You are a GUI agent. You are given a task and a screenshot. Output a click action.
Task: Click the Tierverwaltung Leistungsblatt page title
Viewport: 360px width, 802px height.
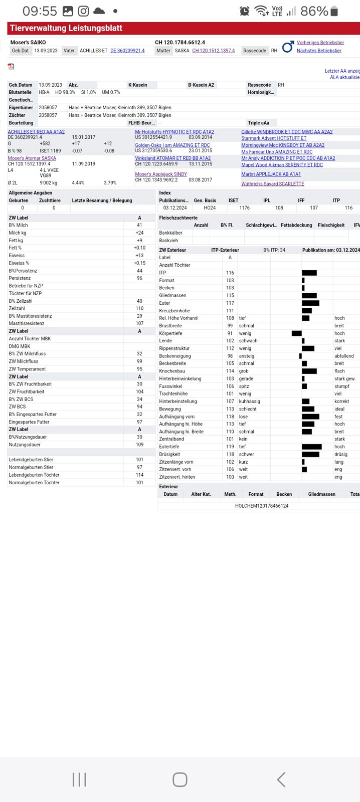[x=66, y=29]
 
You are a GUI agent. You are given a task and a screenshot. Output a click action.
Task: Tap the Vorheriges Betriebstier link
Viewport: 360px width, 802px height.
[x=320, y=43]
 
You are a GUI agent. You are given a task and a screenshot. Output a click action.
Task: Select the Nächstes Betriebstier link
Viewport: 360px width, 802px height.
[x=319, y=51]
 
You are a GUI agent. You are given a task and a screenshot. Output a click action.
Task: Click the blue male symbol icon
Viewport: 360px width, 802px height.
[x=287, y=47]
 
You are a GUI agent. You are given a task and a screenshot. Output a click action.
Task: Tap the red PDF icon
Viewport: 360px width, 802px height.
[x=11, y=66]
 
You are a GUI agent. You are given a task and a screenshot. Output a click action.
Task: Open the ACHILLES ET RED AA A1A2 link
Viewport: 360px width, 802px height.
[x=36, y=132]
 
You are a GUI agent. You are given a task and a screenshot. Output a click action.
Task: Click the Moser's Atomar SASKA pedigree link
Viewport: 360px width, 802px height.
[x=32, y=158]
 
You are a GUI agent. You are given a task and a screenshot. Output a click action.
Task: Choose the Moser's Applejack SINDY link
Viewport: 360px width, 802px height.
[x=161, y=174]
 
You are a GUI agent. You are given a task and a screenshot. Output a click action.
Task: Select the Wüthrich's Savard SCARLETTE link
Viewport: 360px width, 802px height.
[x=273, y=184]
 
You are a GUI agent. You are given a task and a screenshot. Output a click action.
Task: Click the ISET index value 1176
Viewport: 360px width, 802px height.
[x=245, y=208]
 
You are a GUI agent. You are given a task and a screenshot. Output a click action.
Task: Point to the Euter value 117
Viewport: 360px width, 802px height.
[x=230, y=303]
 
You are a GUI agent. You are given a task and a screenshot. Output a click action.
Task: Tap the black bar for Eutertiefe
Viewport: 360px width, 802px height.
[x=311, y=447]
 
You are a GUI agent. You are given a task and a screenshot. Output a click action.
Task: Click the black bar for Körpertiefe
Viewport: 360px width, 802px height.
[x=297, y=333]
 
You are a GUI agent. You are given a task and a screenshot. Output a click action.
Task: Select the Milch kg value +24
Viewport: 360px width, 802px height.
[x=139, y=233]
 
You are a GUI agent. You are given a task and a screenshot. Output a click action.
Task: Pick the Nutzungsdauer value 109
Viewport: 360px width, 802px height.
[x=139, y=445]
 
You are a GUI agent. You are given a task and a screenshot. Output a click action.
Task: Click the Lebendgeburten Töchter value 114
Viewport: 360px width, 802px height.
[x=139, y=475]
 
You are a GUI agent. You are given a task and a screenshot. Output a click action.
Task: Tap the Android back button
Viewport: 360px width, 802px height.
[x=281, y=779]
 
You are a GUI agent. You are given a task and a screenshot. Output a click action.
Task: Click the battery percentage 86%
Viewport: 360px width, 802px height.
[x=314, y=11]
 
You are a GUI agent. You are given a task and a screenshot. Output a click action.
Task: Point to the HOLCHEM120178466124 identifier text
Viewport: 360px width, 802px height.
[x=262, y=506]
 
